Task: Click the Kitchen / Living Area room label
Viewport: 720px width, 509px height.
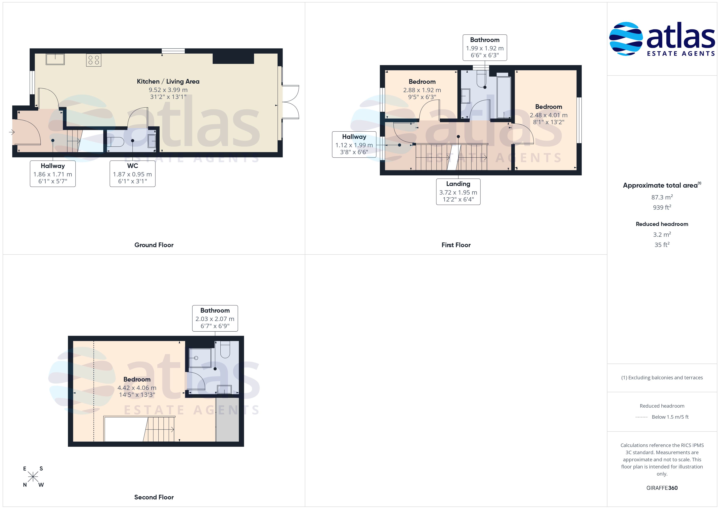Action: coord(168,82)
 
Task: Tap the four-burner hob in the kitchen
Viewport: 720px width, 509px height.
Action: coord(94,60)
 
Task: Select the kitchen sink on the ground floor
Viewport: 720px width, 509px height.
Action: coord(55,59)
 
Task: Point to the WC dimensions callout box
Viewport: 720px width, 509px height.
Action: coord(132,174)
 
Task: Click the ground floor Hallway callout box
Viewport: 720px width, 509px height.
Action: coord(53,174)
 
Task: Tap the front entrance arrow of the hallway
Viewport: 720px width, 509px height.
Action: coord(12,132)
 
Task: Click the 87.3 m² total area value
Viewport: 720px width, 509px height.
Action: coord(662,197)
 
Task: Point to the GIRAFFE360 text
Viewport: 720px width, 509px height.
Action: coord(662,488)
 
